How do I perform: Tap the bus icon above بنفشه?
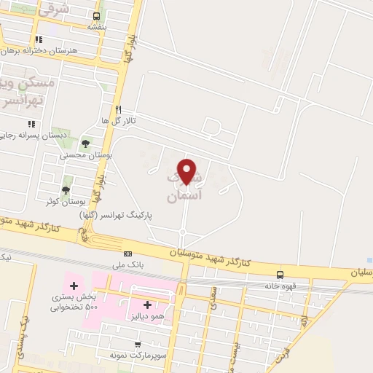(x=97, y=16)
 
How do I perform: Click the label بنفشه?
(x=97, y=27)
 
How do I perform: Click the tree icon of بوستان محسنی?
(x=87, y=143)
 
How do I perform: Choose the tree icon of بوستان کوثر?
(x=66, y=190)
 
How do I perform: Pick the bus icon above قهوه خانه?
(x=280, y=275)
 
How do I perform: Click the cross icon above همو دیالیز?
(x=147, y=305)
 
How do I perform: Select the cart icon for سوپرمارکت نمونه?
(x=136, y=343)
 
